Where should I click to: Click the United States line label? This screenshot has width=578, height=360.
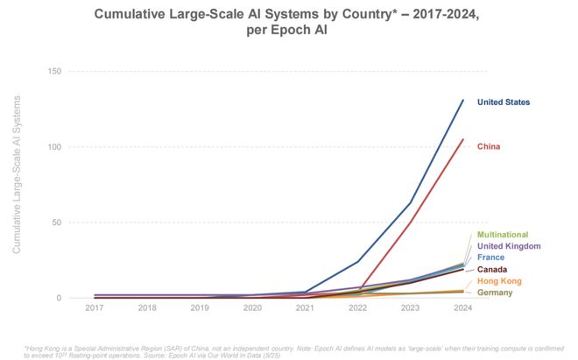(x=503, y=102)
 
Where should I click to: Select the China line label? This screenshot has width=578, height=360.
(x=489, y=146)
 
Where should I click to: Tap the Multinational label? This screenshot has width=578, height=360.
(x=502, y=235)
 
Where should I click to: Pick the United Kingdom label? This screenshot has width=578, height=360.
(x=508, y=246)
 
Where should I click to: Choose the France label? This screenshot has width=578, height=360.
(x=490, y=258)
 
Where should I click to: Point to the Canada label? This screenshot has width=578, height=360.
(x=491, y=269)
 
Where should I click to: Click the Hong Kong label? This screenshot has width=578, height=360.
(x=499, y=280)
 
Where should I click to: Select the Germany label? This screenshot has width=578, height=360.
(x=495, y=292)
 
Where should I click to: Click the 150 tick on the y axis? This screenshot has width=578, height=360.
(x=53, y=71)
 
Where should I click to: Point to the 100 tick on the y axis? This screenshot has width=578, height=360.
(x=53, y=146)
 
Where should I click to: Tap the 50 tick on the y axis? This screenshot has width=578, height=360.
(x=56, y=222)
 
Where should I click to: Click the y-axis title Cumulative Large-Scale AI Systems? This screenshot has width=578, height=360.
(x=16, y=185)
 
